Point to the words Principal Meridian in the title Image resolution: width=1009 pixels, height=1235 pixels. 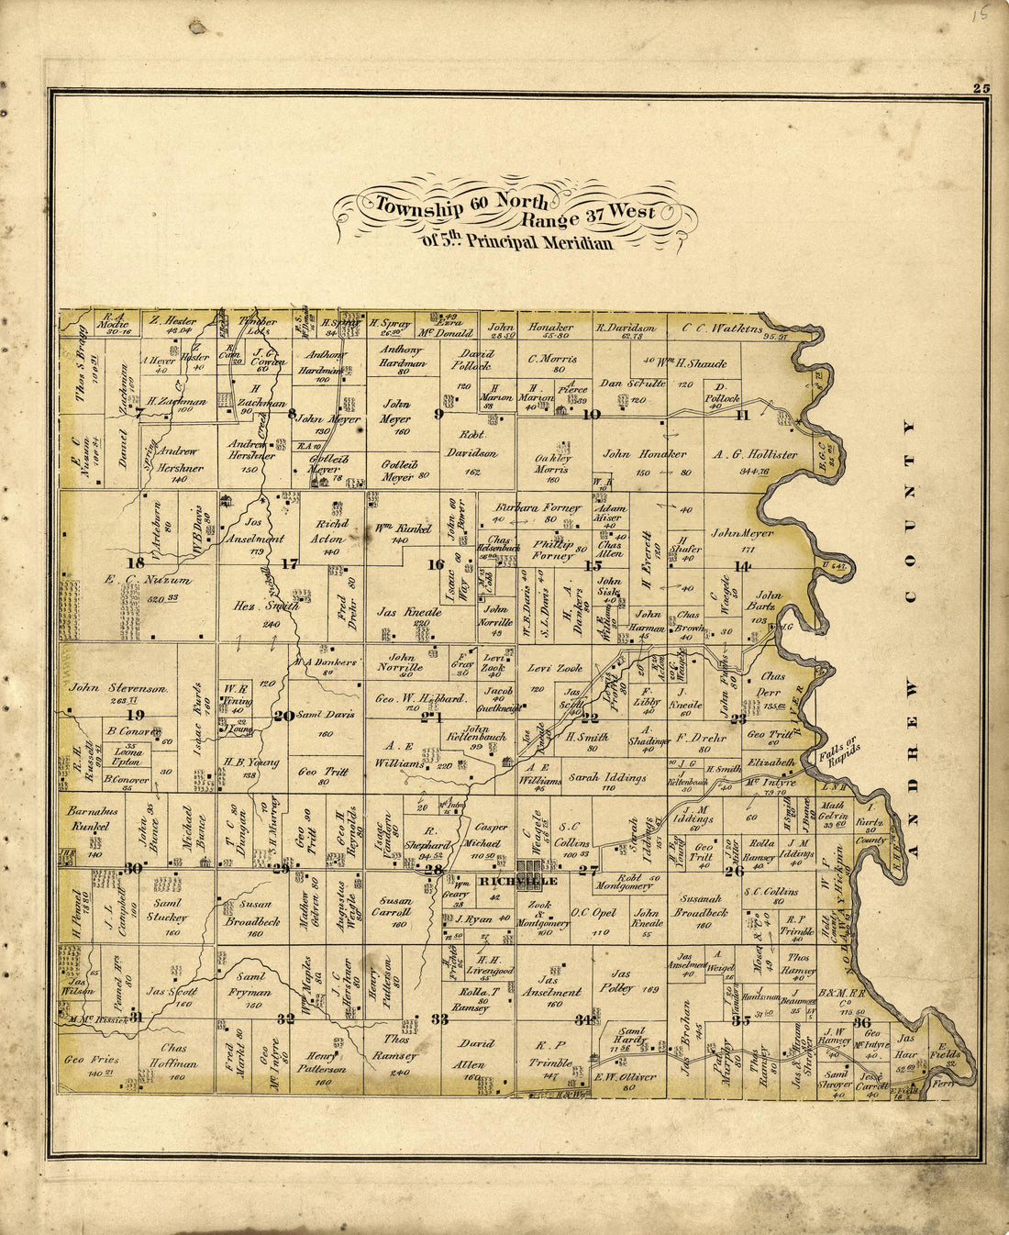[538, 243]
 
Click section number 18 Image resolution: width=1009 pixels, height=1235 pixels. [136, 563]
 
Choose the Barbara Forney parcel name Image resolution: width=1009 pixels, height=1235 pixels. [538, 506]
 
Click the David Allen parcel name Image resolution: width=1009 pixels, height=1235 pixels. [476, 1052]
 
